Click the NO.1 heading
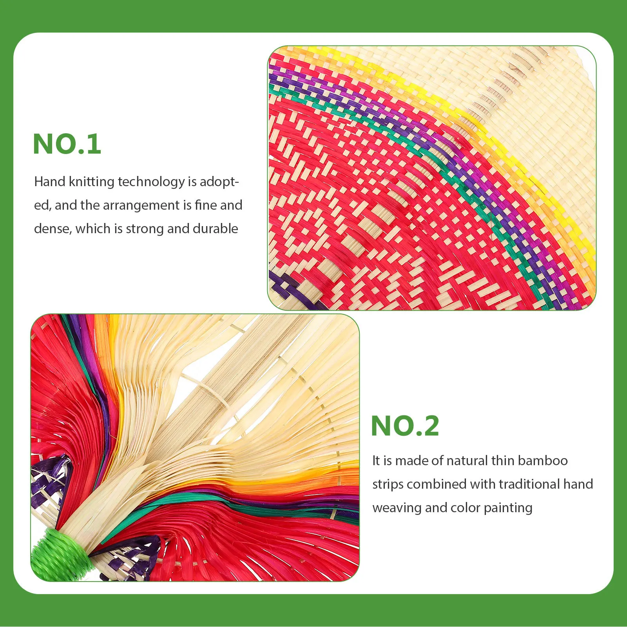[x=67, y=144]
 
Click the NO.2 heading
[x=405, y=426]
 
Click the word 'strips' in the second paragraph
[x=388, y=484]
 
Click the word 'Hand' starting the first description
[x=49, y=182]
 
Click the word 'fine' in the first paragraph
[x=206, y=205]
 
